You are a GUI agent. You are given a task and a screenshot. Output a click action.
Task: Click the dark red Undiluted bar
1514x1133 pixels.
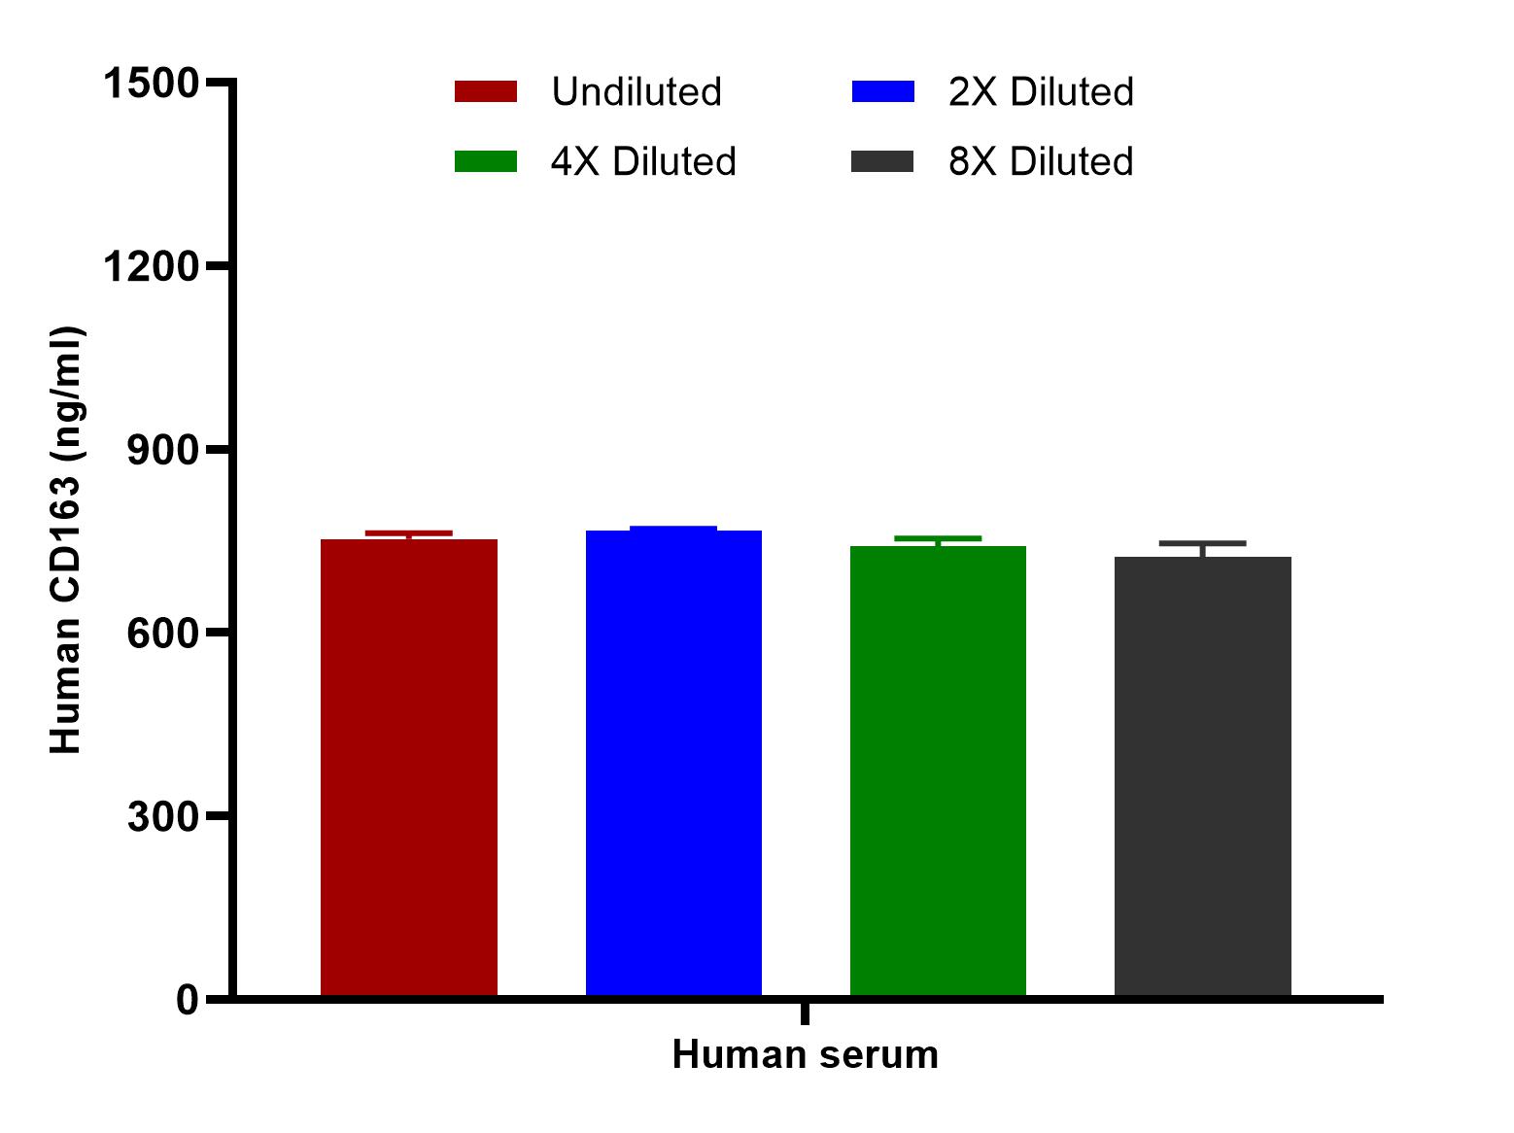point(408,768)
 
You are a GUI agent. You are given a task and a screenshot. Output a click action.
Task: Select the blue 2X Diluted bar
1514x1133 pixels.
point(673,763)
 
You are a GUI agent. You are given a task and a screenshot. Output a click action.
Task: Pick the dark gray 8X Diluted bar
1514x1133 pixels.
point(1202,776)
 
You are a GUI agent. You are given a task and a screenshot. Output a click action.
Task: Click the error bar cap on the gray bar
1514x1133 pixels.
point(1202,543)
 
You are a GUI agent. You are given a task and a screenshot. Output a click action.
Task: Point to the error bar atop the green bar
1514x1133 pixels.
point(938,538)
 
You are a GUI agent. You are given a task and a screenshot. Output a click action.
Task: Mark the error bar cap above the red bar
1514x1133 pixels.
point(408,532)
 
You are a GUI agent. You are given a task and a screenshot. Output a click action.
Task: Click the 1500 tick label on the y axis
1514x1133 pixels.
point(151,84)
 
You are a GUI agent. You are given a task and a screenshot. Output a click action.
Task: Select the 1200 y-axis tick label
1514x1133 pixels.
point(151,266)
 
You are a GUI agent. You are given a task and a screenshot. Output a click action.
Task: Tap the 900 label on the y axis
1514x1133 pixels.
point(163,450)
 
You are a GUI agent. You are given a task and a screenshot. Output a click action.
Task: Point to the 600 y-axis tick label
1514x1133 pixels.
point(163,633)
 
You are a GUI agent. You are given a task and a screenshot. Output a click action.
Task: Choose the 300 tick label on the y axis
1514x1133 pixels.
point(163,816)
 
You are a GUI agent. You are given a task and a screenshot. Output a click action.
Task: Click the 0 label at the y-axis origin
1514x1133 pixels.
point(188,999)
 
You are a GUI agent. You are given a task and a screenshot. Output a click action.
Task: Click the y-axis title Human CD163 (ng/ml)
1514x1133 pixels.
point(66,540)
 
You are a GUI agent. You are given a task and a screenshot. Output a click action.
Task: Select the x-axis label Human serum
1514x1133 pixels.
point(805,1055)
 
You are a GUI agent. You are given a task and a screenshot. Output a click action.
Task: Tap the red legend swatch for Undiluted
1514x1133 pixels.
point(486,91)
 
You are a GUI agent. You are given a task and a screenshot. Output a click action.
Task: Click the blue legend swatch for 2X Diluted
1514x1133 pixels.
point(882,91)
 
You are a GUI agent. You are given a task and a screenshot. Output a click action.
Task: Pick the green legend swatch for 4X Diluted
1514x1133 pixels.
point(486,161)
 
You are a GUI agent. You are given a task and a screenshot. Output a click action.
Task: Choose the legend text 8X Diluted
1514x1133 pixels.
point(1041,161)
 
